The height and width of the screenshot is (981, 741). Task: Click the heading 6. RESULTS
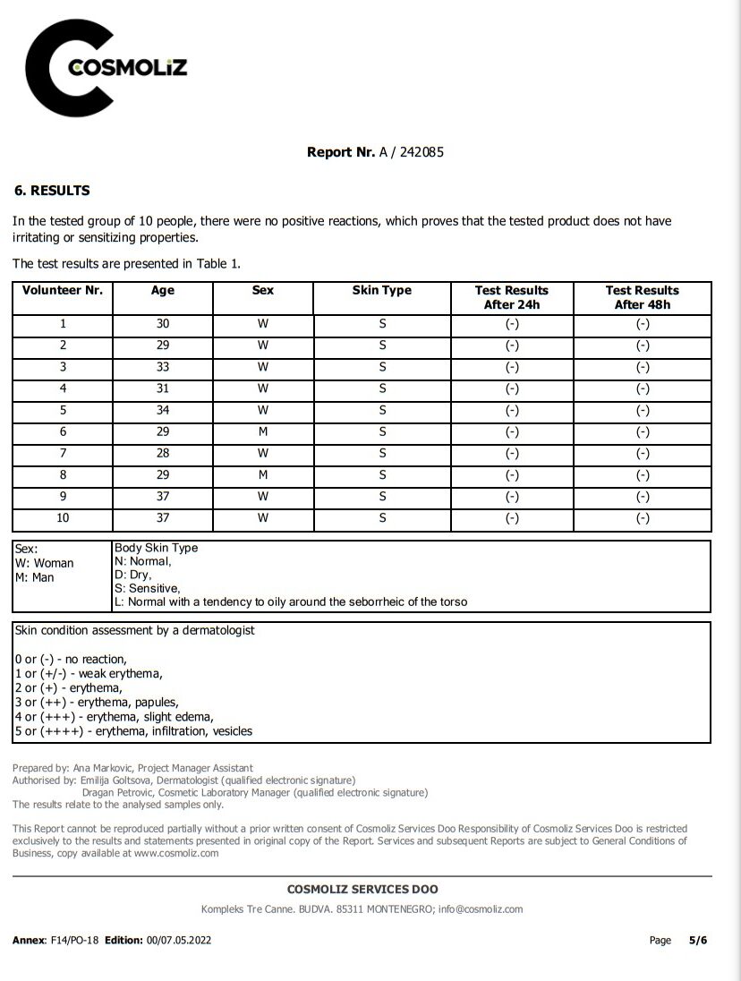[52, 191]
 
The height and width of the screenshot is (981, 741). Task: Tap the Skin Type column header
[382, 291]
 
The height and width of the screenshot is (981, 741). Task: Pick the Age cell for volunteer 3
[163, 367]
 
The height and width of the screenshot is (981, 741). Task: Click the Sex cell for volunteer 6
[263, 432]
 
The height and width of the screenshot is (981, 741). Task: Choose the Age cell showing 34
[163, 411]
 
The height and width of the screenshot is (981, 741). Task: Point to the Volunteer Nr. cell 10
[63, 518]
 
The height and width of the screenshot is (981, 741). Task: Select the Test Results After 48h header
[642, 297]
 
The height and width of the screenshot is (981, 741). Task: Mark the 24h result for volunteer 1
[512, 324]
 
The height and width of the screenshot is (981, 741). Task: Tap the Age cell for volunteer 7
[163, 454]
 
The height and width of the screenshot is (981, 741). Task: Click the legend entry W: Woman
[45, 563]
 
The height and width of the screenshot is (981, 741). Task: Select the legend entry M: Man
[35, 577]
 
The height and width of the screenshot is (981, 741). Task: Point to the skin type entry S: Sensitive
[147, 588]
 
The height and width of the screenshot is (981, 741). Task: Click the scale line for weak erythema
[89, 673]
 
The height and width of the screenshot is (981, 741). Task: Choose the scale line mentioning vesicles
[134, 731]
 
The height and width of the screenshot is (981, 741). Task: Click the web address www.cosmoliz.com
[176, 853]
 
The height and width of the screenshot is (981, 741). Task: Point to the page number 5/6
[697, 941]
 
